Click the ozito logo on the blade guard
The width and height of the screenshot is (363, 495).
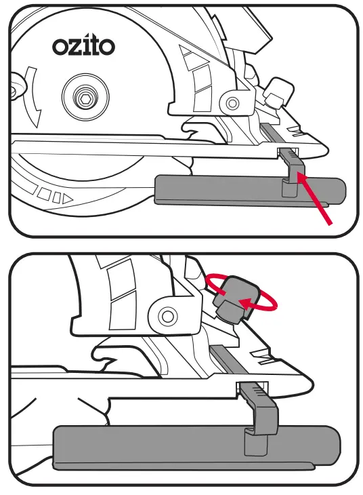coord(83,46)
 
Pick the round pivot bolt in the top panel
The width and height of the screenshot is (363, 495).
coord(233,104)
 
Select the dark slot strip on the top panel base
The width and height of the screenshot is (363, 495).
coord(270,133)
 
